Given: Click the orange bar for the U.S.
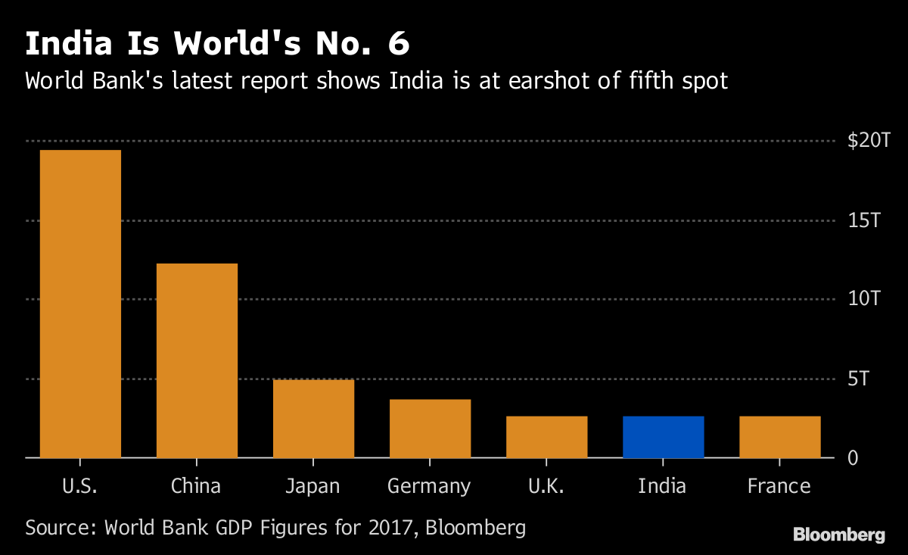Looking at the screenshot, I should click(x=80, y=304).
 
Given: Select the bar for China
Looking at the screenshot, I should click(x=197, y=360).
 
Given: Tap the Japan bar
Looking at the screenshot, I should click(x=313, y=418).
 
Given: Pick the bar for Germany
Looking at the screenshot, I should click(x=430, y=428).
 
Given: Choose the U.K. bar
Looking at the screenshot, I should click(x=546, y=437).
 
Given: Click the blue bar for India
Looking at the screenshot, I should click(x=663, y=437).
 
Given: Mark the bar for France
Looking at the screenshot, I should click(x=779, y=437).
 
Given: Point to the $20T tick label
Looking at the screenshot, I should click(x=869, y=141).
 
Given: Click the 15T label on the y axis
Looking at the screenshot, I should click(x=864, y=220).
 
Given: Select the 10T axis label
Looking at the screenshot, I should click(x=864, y=299).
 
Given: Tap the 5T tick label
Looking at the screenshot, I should click(x=859, y=379).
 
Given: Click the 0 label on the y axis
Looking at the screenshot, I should click(x=852, y=458).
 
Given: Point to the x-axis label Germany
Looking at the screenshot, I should click(x=429, y=486).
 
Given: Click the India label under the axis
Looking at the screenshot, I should click(x=662, y=485).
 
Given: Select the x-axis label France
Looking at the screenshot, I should click(x=779, y=485).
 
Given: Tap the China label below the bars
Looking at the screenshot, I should click(x=196, y=485).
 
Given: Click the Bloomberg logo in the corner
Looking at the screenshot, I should click(x=838, y=535).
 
